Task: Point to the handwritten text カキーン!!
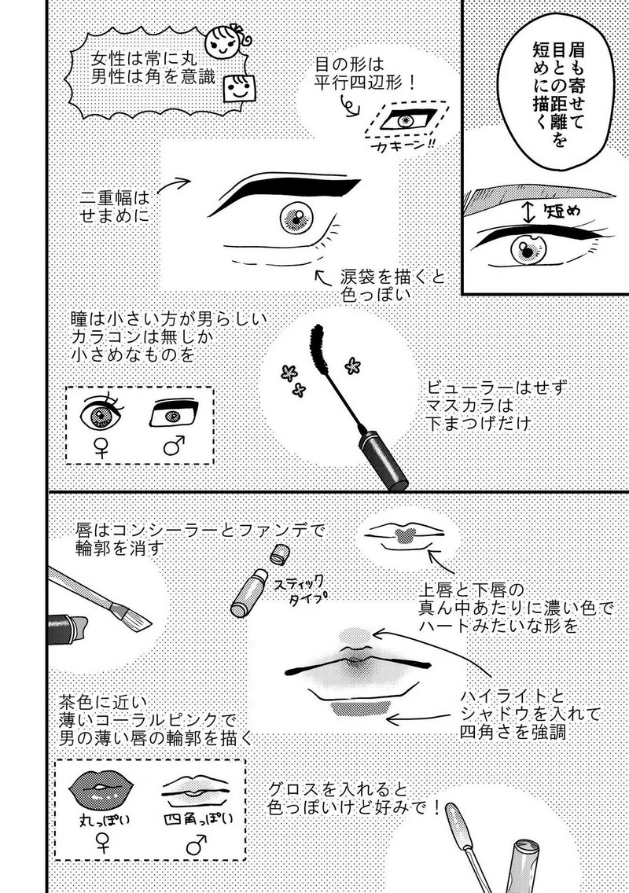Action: (403, 147)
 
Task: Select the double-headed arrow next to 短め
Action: (529, 211)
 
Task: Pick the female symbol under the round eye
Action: (101, 447)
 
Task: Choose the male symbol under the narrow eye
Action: (174, 446)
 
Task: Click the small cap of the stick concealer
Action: (278, 553)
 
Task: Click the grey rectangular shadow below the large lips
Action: (360, 708)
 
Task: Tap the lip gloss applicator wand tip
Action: (454, 819)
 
